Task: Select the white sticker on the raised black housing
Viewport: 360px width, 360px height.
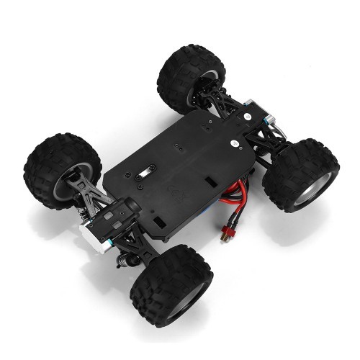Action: pyautogui.click(x=246, y=114)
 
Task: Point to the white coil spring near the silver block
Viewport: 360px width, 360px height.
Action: pyautogui.click(x=84, y=215)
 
